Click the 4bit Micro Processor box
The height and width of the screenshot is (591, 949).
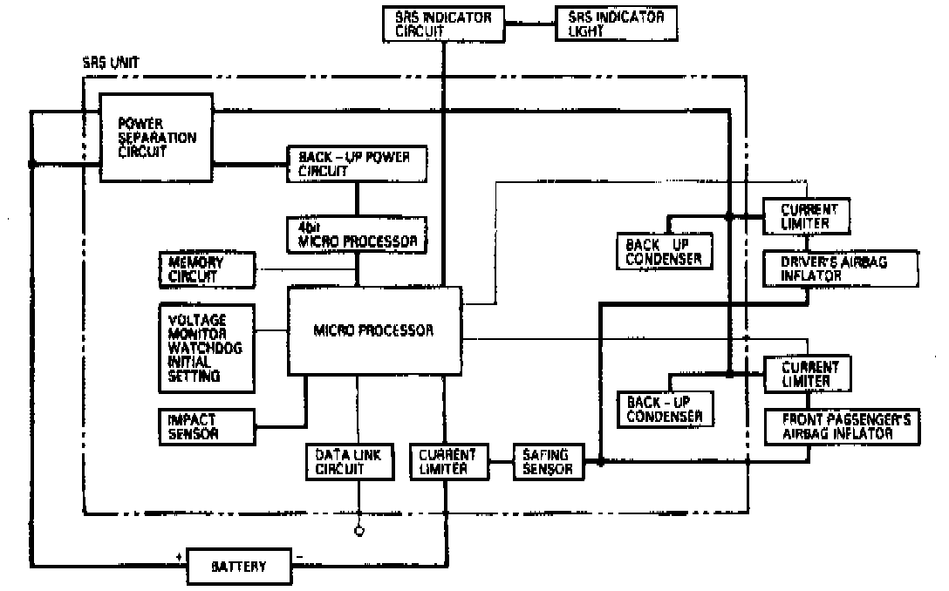click(x=358, y=234)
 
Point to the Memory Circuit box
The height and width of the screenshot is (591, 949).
click(x=207, y=270)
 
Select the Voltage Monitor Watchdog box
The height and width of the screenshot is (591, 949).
click(x=206, y=347)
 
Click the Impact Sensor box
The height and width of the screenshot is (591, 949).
click(x=206, y=425)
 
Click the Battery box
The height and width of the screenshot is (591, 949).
click(x=239, y=567)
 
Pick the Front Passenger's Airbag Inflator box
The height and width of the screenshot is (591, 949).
click(x=840, y=427)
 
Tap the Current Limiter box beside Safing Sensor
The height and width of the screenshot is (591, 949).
click(x=447, y=462)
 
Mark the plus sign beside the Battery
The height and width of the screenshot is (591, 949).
click(x=179, y=555)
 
